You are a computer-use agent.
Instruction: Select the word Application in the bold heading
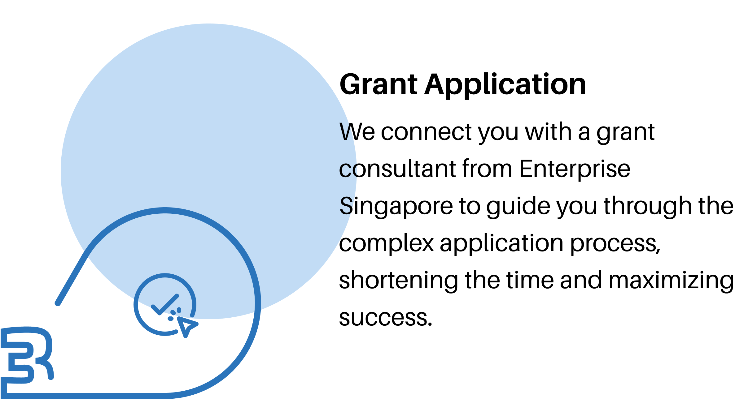(505, 85)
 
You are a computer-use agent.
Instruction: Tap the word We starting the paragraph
(357, 132)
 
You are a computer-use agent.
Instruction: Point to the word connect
(427, 132)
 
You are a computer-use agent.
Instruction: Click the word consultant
(397, 169)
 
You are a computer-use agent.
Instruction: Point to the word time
(530, 280)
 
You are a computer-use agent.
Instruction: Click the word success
(386, 318)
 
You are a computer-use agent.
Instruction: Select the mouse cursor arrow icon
(187, 327)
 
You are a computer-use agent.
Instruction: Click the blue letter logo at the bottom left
(27, 358)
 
